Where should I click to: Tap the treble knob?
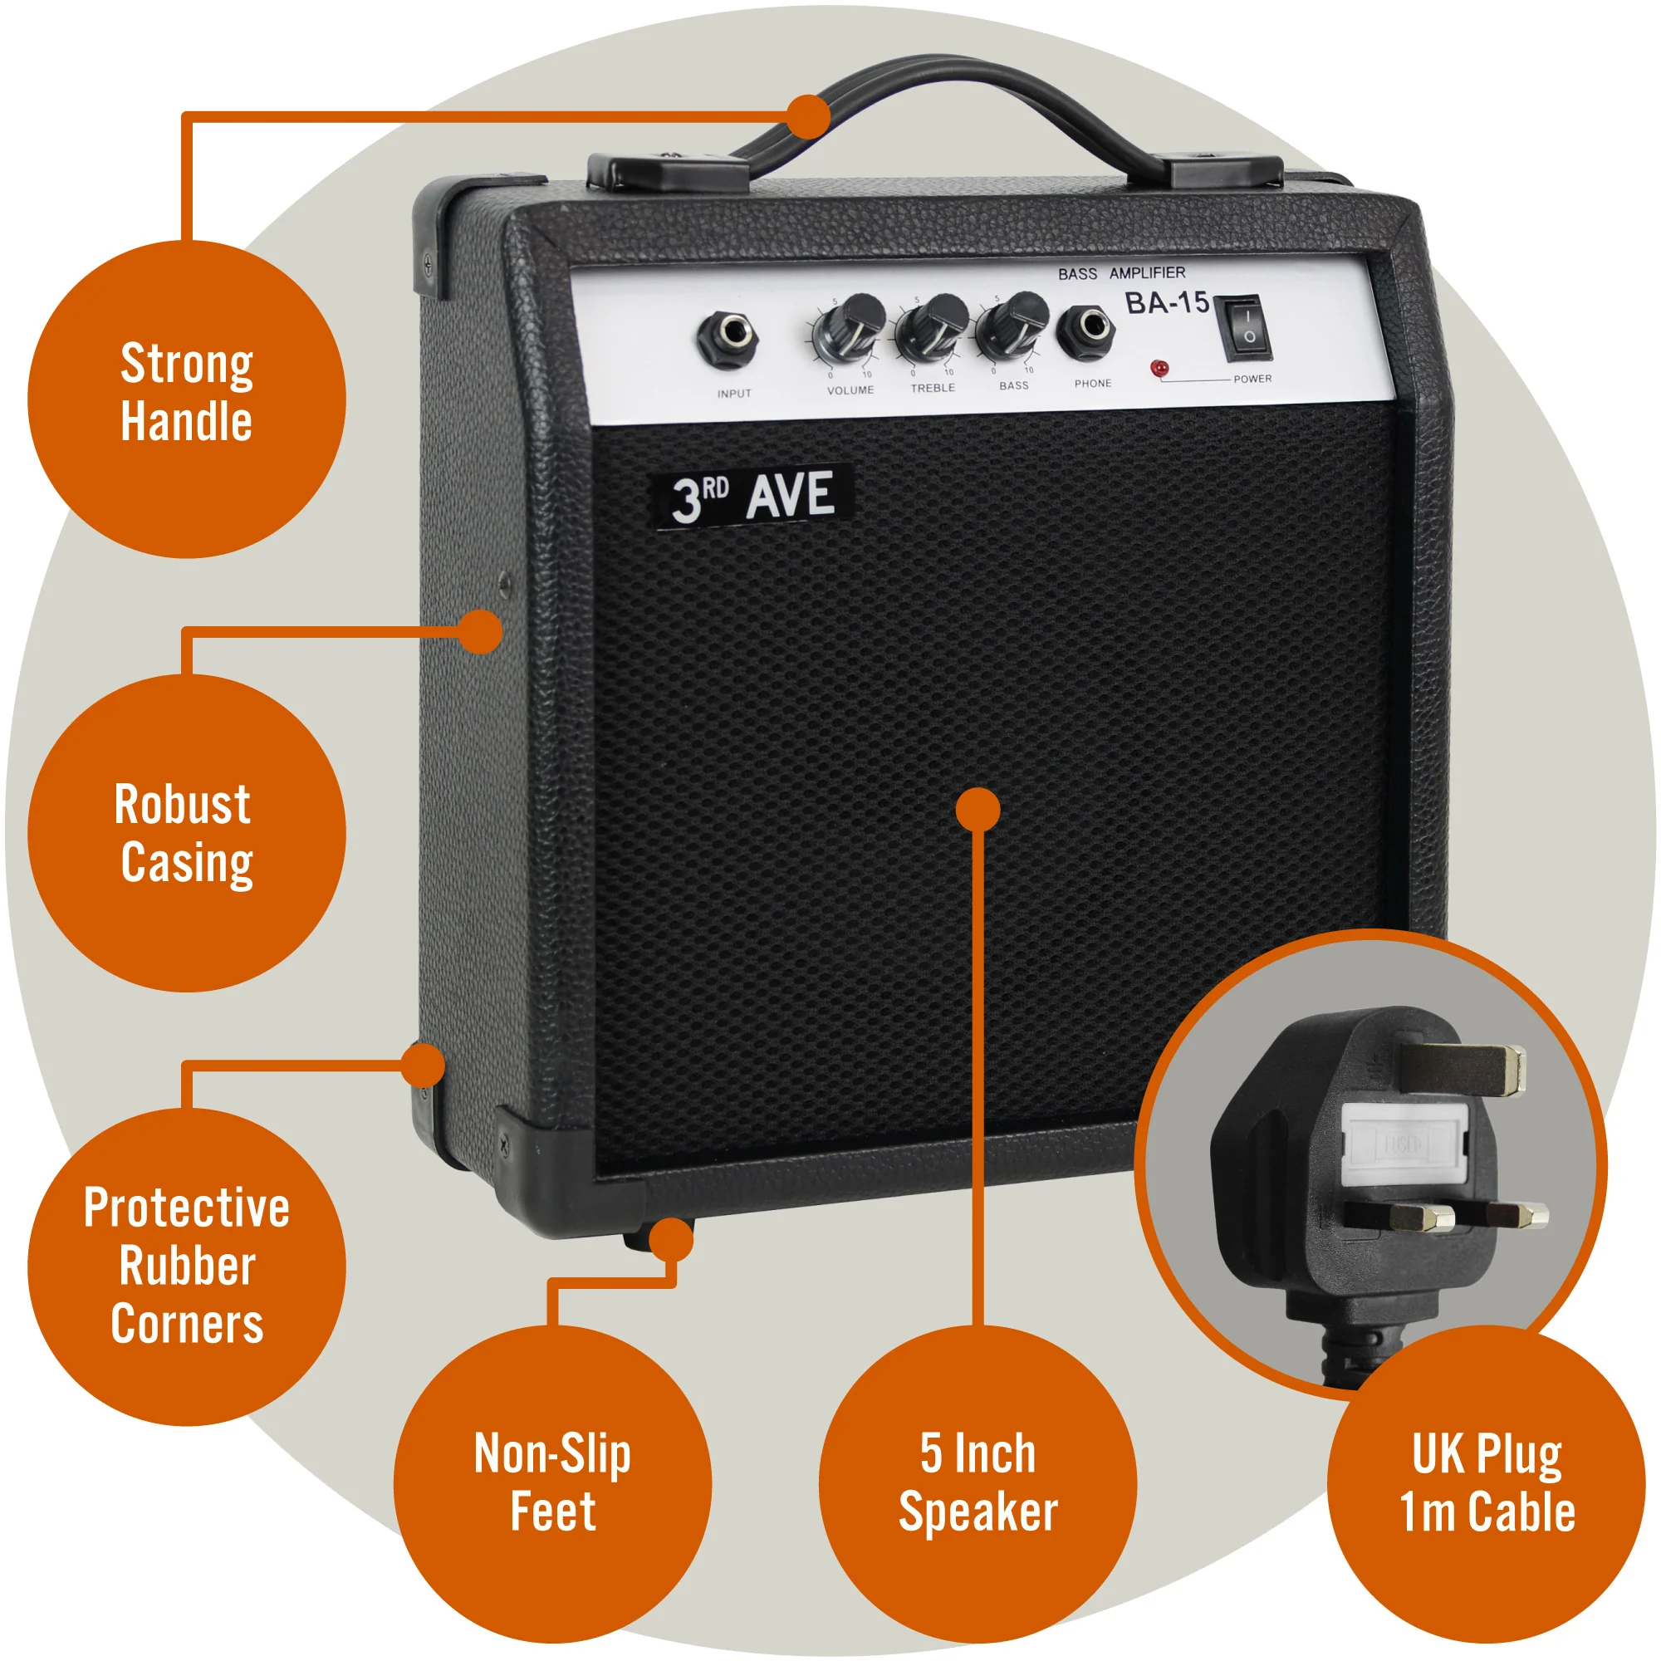[x=932, y=327]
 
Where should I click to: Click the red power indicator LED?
[x=1159, y=369]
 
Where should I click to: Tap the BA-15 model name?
[x=1167, y=302]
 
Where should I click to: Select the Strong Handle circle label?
[x=187, y=398]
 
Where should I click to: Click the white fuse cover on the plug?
[x=1404, y=1144]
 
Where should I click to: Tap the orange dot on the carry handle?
[x=808, y=116]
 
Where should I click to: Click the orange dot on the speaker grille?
[x=977, y=809]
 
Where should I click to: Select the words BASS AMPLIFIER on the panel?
[x=1121, y=273]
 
